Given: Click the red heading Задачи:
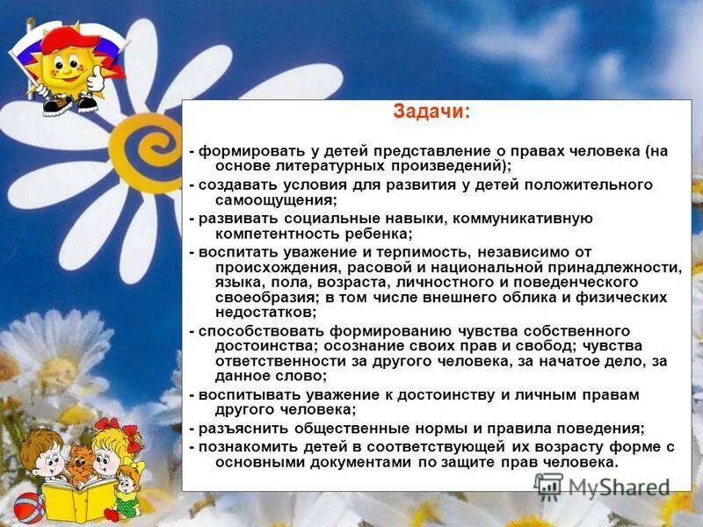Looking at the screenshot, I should [431, 113].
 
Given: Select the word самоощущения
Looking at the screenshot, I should [272, 199].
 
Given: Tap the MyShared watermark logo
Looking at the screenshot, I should [603, 485].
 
